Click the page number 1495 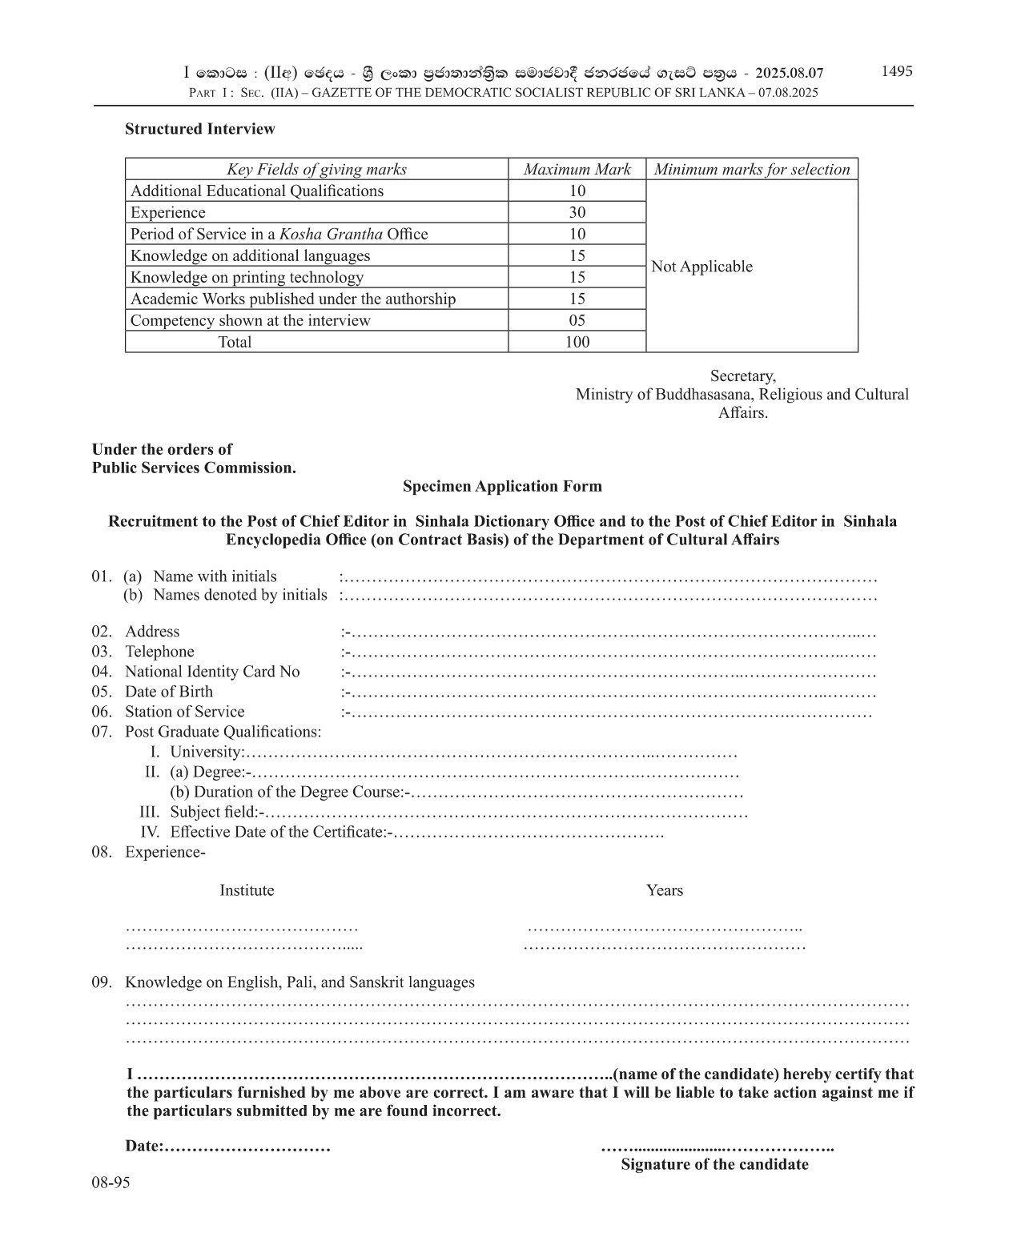click(x=897, y=71)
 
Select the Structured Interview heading click(x=199, y=129)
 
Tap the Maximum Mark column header click(x=577, y=169)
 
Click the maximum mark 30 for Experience click(x=577, y=212)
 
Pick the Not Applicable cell click(x=702, y=267)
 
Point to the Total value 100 click(x=577, y=342)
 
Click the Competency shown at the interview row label click(x=251, y=320)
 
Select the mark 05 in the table click(x=577, y=320)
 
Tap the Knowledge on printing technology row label click(x=247, y=277)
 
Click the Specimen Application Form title click(x=502, y=486)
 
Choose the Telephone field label click(x=159, y=652)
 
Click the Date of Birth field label click(x=169, y=692)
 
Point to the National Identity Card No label click(x=212, y=672)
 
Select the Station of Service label click(x=185, y=712)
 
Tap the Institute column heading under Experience click(x=247, y=890)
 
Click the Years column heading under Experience click(x=665, y=890)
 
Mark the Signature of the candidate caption click(x=714, y=1164)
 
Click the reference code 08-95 click(x=111, y=1183)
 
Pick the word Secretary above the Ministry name click(x=742, y=376)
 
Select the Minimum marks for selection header click(x=752, y=169)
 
